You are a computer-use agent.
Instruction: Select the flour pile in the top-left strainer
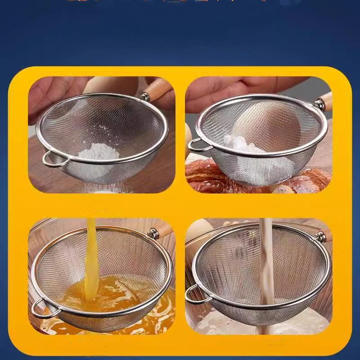99,152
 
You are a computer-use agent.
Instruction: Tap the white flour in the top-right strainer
238,144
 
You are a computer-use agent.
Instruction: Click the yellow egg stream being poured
91,256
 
